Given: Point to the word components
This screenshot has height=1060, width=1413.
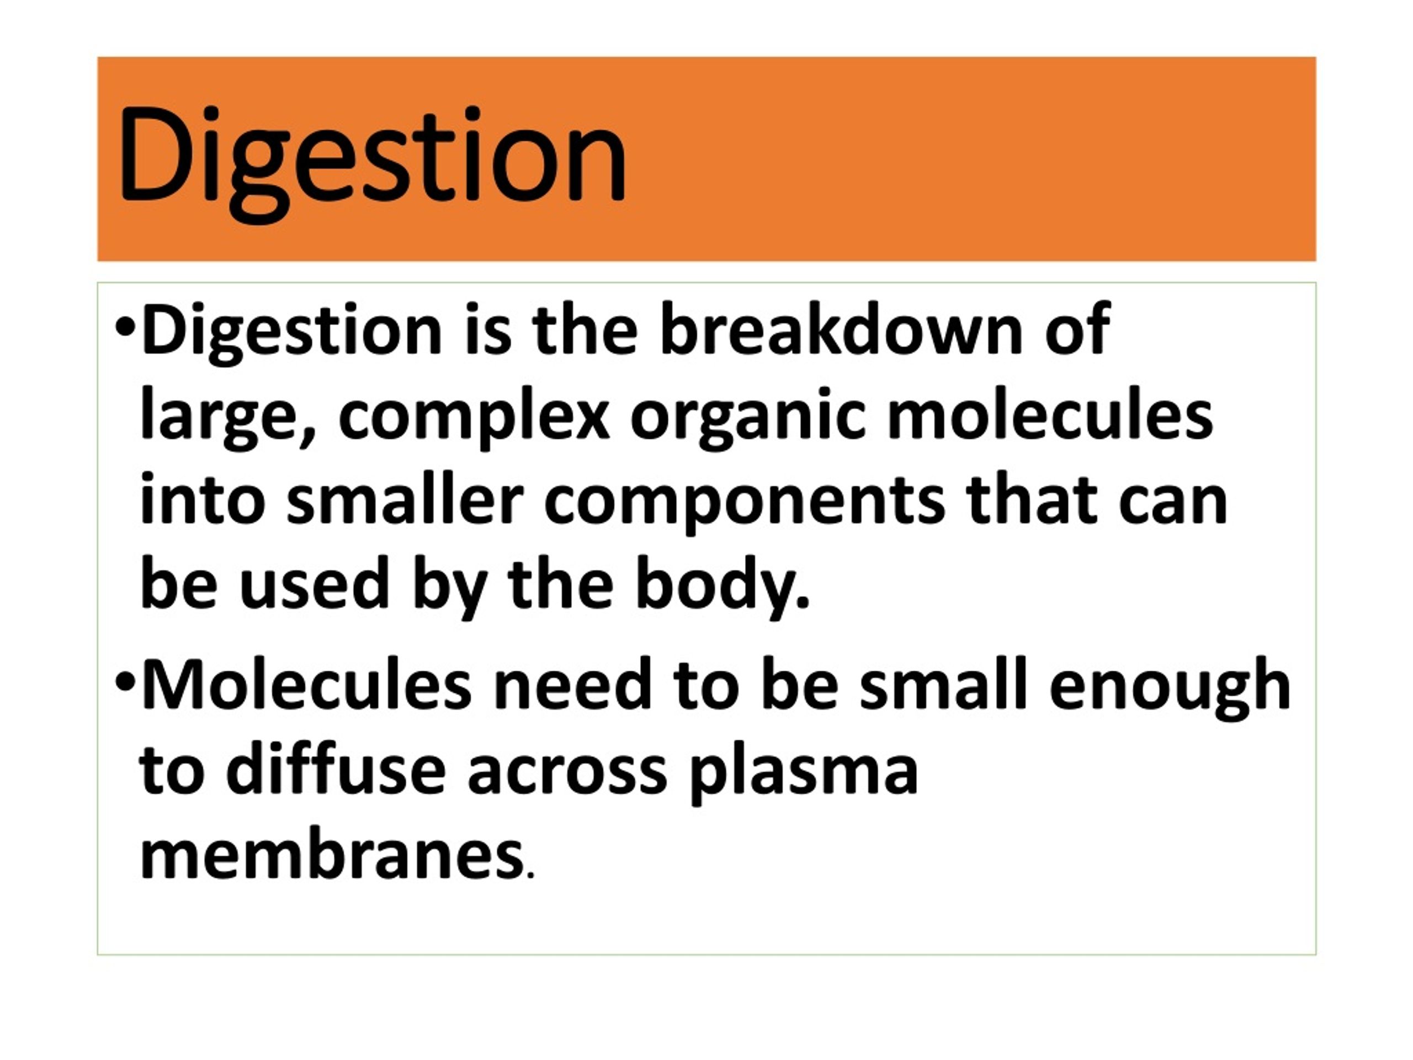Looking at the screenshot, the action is [744, 503].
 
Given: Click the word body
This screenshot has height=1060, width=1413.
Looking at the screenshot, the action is [723, 586].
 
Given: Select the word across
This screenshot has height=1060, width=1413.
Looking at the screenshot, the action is [567, 775].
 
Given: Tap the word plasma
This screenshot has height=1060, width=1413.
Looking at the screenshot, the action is [804, 774].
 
